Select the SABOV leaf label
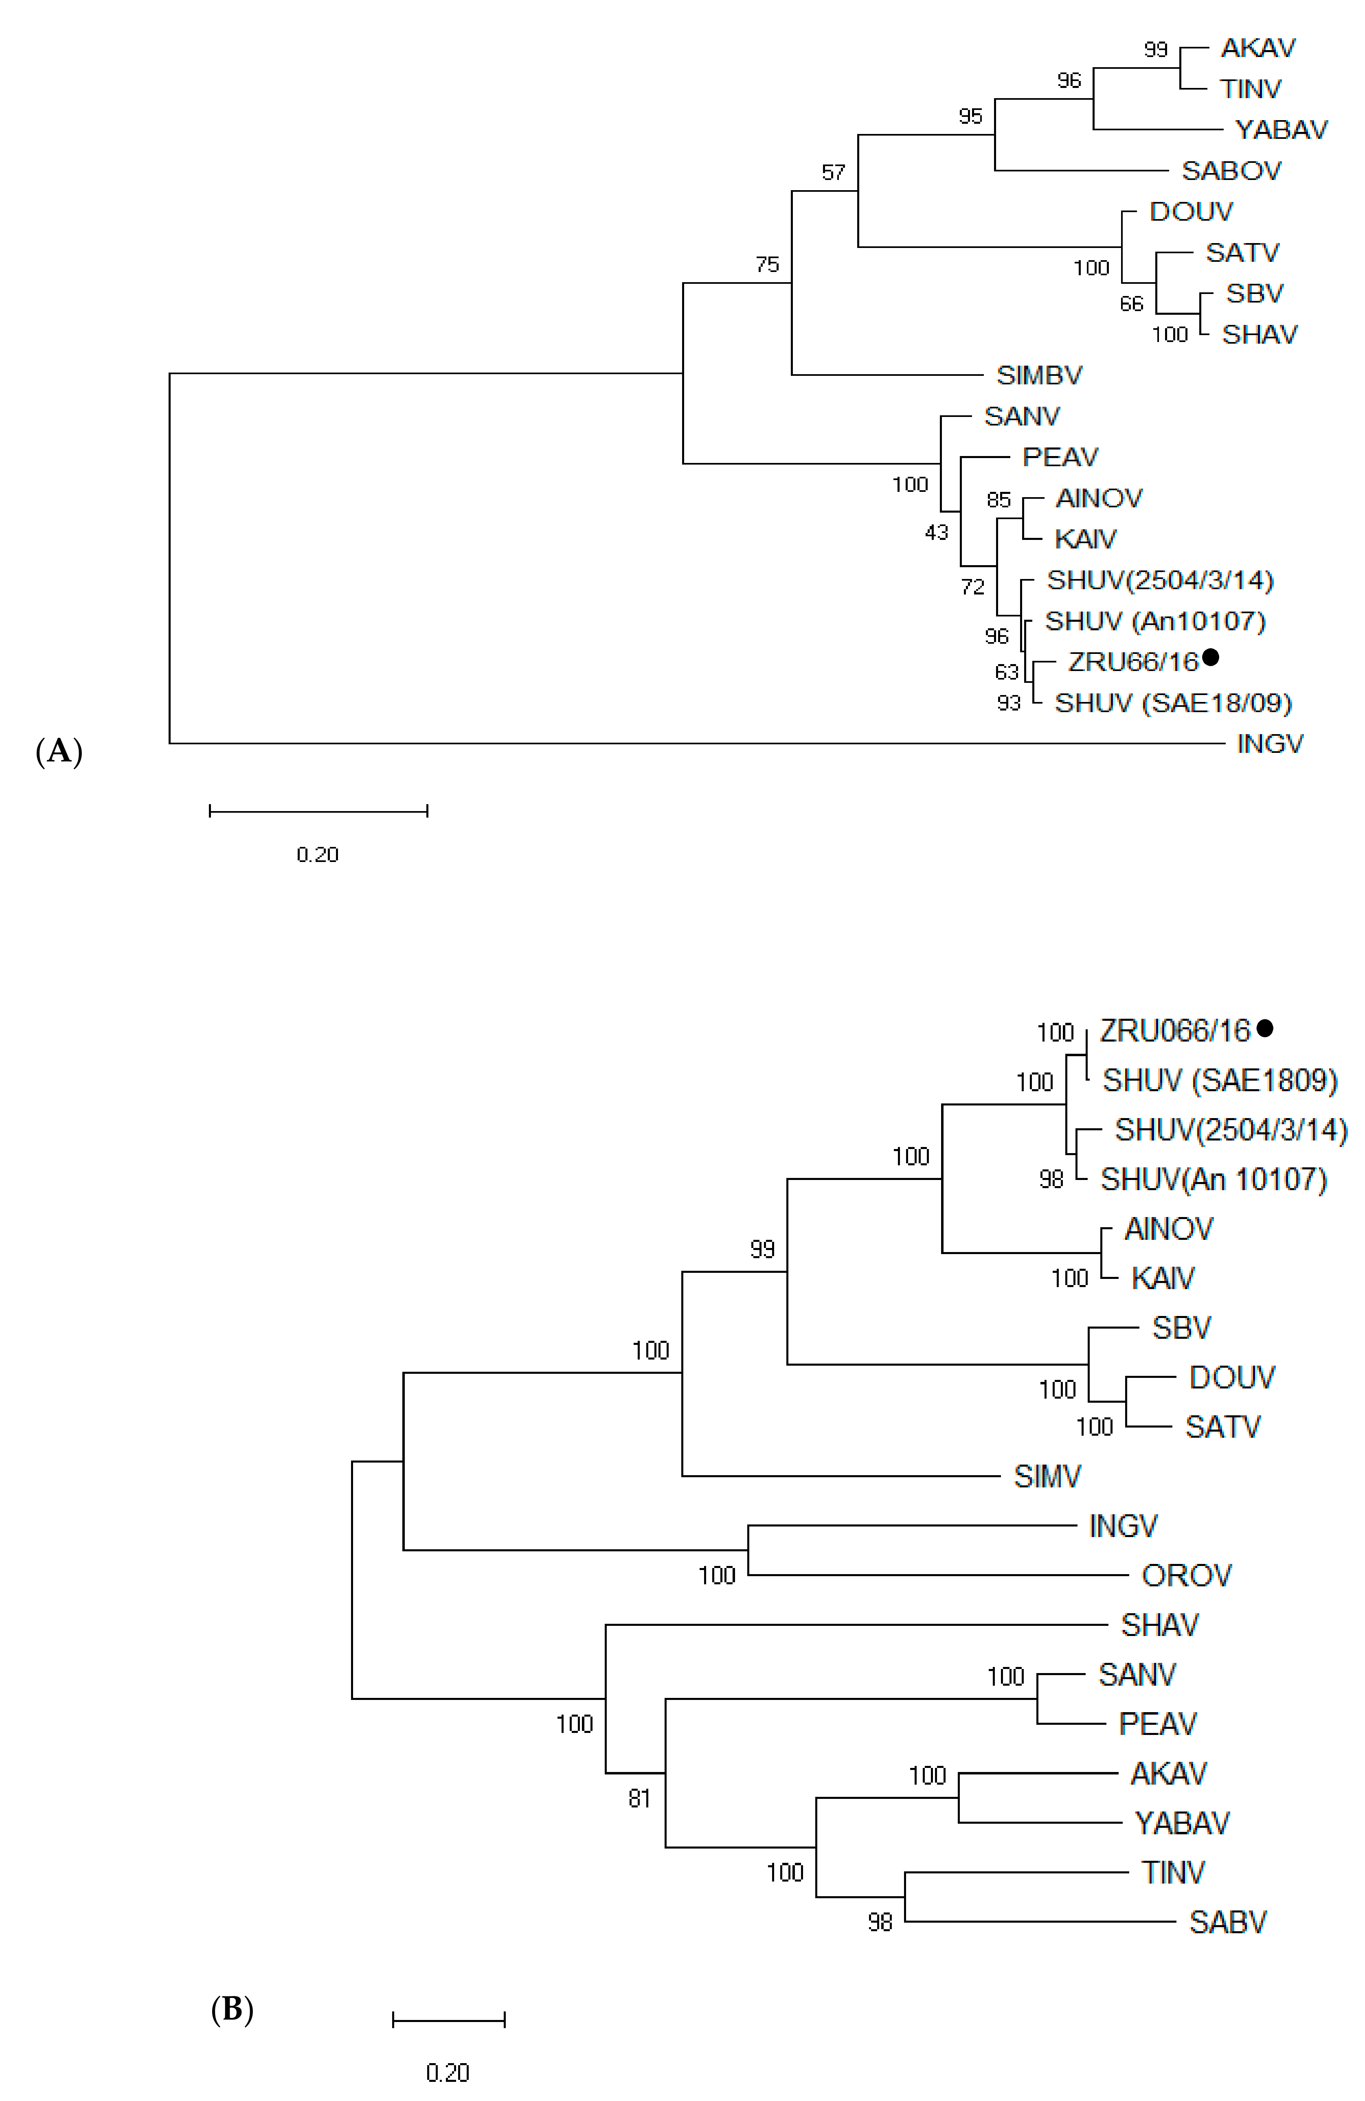tap(1231, 170)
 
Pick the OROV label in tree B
tap(1186, 1575)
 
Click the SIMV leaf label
tap(1047, 1476)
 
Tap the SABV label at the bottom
tap(1227, 1922)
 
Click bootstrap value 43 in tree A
tap(936, 532)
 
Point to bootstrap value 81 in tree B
tap(639, 1798)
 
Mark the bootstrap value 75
tap(767, 265)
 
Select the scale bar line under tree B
tap(448, 2019)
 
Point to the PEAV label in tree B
tap(1157, 1723)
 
